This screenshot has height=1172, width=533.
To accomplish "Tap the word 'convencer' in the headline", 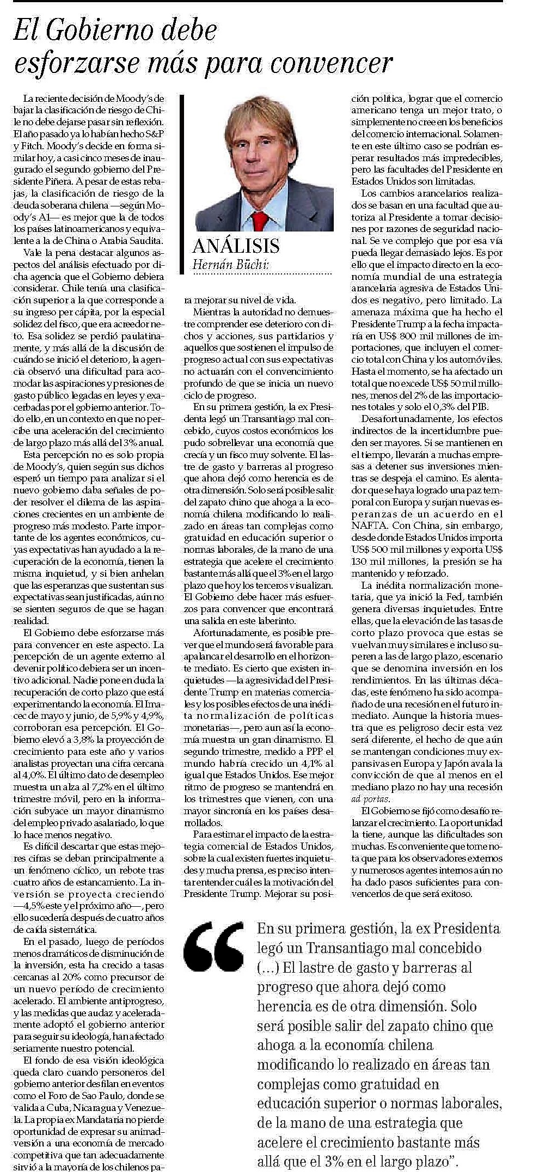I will (x=331, y=63).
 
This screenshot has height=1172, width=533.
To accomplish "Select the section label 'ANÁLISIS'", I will (x=236, y=246).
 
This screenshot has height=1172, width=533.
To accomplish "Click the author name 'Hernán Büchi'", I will (x=230, y=265).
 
